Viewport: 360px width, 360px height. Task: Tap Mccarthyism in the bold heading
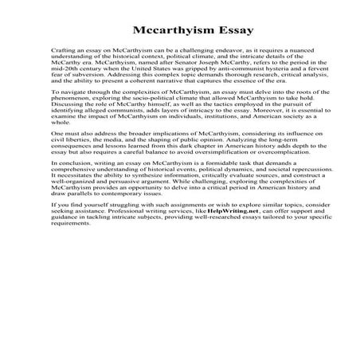[165, 31]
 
